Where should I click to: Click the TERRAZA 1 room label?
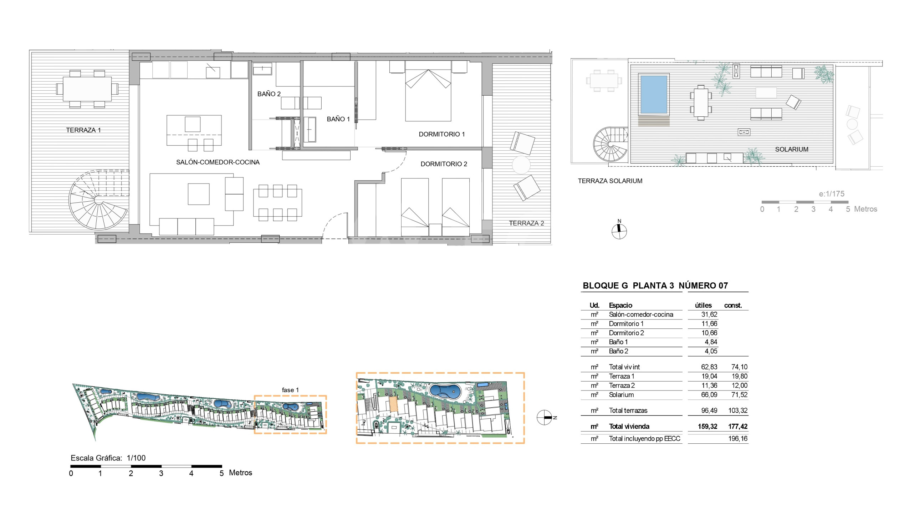tap(83, 130)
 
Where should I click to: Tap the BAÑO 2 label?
tap(269, 94)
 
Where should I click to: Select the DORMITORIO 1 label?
tap(441, 134)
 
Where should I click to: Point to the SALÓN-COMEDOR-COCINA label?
tap(218, 162)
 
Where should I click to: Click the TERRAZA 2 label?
tap(526, 223)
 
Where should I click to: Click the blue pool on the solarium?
tap(654, 94)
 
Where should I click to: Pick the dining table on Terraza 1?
tap(87, 89)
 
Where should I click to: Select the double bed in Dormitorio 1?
tap(428, 91)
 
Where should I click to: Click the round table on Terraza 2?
tap(521, 165)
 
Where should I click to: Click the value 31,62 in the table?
tap(709, 314)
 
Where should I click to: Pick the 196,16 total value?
tap(737, 439)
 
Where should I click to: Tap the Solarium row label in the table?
tap(621, 395)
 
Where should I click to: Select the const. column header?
tap(733, 306)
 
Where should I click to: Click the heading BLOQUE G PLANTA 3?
tap(628, 286)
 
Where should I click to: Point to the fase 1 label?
tap(290, 390)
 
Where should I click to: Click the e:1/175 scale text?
tap(832, 194)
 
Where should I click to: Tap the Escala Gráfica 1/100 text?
tap(108, 458)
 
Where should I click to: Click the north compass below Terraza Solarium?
tap(619, 230)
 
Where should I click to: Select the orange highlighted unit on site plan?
tap(393, 404)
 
